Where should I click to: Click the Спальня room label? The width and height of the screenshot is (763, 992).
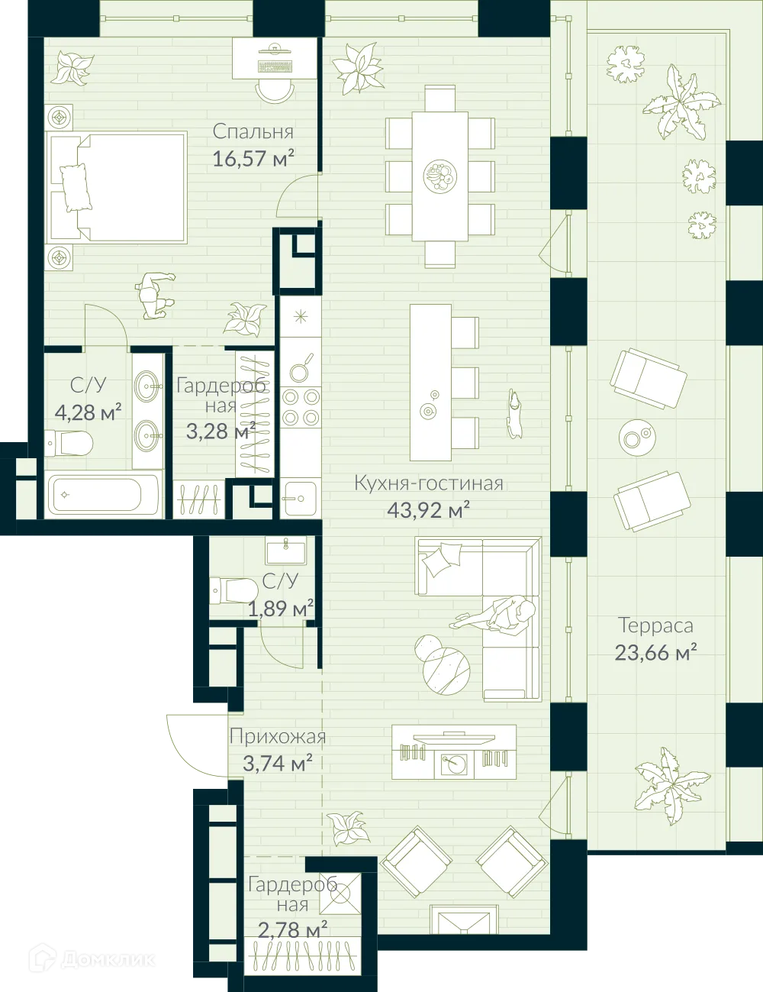pos(253,131)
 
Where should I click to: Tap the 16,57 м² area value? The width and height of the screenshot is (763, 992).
pos(253,158)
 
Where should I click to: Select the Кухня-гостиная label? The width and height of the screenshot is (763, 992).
pos(428,483)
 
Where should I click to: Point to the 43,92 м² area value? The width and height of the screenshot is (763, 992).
pos(428,509)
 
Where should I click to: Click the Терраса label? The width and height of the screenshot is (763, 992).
pos(655,625)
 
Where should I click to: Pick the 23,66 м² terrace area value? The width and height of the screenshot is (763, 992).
pos(655,653)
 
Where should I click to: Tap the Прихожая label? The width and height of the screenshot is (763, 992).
pos(278,737)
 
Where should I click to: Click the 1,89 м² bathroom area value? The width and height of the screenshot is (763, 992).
pos(280,609)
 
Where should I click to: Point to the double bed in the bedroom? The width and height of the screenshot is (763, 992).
pos(118,188)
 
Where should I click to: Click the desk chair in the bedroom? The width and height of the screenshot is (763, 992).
pos(275,89)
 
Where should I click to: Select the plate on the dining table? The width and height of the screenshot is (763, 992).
pos(439,176)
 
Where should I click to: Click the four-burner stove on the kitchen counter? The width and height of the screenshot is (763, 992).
pos(301,407)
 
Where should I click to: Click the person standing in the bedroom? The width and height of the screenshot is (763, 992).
pos(155,295)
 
